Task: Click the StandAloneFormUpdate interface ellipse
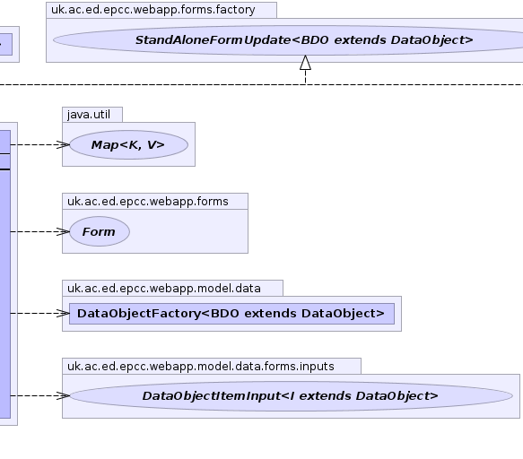[x=290, y=40]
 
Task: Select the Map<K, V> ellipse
[x=129, y=144]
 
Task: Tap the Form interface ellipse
[x=100, y=231]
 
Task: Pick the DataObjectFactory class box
[x=231, y=314]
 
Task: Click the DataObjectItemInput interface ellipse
[x=292, y=395]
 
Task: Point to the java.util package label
[x=89, y=115]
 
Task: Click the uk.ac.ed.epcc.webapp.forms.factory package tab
[x=161, y=10]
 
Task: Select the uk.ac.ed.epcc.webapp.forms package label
[x=148, y=202]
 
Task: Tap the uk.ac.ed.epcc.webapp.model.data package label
[x=164, y=289]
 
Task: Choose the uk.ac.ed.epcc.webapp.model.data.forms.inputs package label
[x=200, y=367]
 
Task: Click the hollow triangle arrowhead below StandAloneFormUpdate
[x=305, y=63]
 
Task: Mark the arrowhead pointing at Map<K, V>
[x=63, y=144]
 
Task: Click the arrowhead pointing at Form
[x=63, y=231]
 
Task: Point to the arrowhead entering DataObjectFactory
[x=63, y=314]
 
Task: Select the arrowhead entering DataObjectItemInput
[x=63, y=395]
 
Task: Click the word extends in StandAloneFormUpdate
[x=360, y=40]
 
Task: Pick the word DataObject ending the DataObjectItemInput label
[x=397, y=396]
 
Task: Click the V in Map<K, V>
[x=152, y=144]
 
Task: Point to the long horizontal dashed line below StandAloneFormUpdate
[x=262, y=84]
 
